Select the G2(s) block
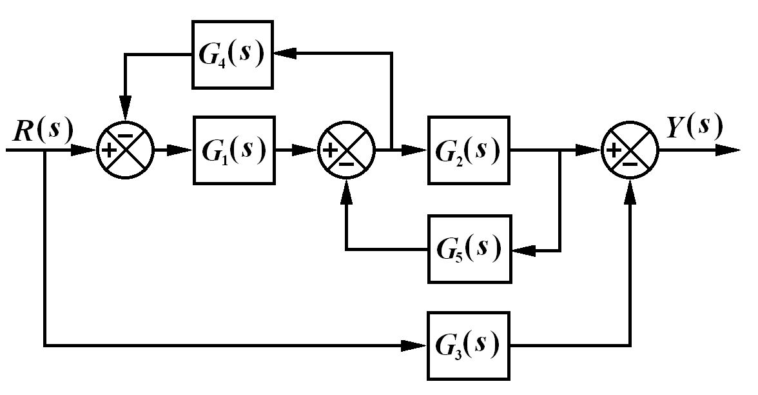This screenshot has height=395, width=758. pos(469,150)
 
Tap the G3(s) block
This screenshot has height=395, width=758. pos(469,345)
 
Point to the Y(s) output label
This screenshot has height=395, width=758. pos(694,127)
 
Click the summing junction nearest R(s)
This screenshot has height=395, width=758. pos(125,150)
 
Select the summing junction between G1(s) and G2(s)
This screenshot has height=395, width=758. pos(347,150)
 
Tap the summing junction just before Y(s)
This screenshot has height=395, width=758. pos(630,150)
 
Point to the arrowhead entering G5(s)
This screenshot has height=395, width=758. pos(520,250)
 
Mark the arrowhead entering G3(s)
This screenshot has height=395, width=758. pos(416,345)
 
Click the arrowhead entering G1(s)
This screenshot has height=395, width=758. pos(183,150)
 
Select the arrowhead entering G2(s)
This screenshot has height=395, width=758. pos(417,150)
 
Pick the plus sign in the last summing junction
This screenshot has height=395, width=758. pos(615,150)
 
